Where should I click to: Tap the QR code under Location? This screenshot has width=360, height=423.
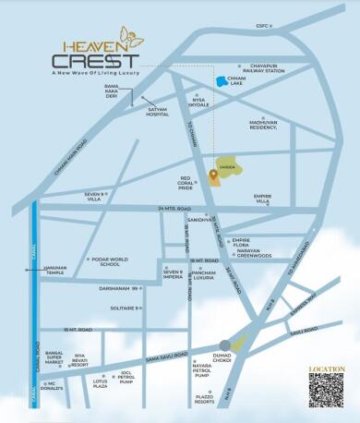click(326, 391)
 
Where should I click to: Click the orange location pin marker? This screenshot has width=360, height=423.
click(213, 172)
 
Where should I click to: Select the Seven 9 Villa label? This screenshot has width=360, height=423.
click(96, 196)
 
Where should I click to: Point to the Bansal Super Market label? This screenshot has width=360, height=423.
click(53, 358)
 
